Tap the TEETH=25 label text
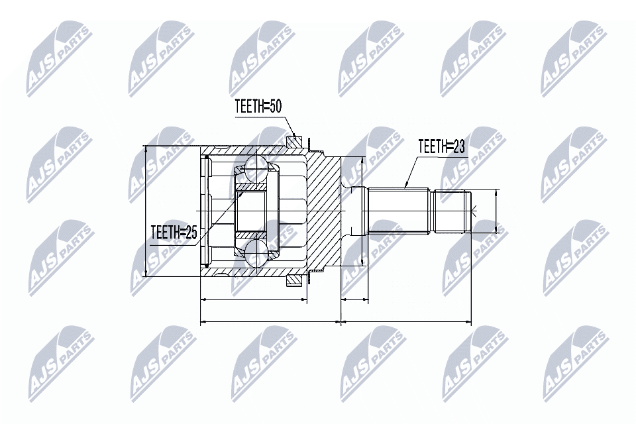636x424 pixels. click(x=174, y=233)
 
